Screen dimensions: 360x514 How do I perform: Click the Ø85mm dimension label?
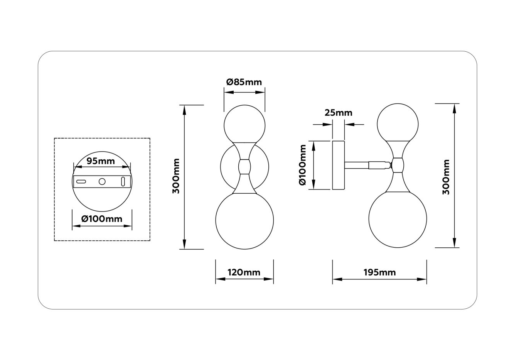pyautogui.click(x=244, y=82)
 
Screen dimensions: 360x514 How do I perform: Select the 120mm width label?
pyautogui.click(x=244, y=272)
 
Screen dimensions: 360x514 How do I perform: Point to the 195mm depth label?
pyautogui.click(x=379, y=272)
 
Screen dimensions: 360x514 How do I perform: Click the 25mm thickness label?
pyautogui.click(x=338, y=113)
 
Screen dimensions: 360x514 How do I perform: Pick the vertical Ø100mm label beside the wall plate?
pyautogui.click(x=303, y=165)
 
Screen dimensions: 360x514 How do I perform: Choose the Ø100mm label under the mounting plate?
pyautogui.click(x=102, y=219)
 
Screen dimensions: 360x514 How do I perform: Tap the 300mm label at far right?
pyautogui.click(x=446, y=176)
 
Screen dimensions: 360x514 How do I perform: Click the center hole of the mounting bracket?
pyautogui.click(x=102, y=181)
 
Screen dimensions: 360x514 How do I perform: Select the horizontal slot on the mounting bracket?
pyautogui.click(x=81, y=181)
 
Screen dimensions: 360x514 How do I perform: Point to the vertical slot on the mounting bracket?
pyautogui.click(x=123, y=181)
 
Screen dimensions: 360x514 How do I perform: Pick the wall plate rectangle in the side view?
pyautogui.click(x=338, y=165)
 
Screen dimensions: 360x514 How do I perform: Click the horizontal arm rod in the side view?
pyautogui.click(x=357, y=165)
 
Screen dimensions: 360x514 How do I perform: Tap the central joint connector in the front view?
pyautogui.click(x=244, y=167)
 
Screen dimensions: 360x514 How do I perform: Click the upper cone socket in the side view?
pyautogui.click(x=398, y=149)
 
